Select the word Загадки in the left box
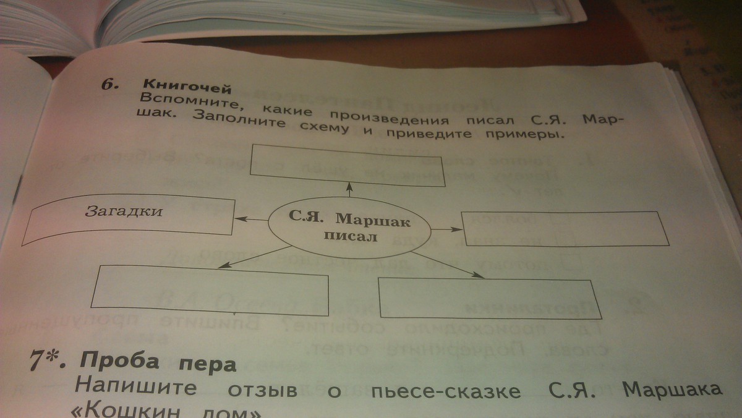[124, 212]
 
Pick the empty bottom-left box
[210, 286]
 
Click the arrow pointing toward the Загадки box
[250, 218]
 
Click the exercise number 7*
[48, 359]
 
